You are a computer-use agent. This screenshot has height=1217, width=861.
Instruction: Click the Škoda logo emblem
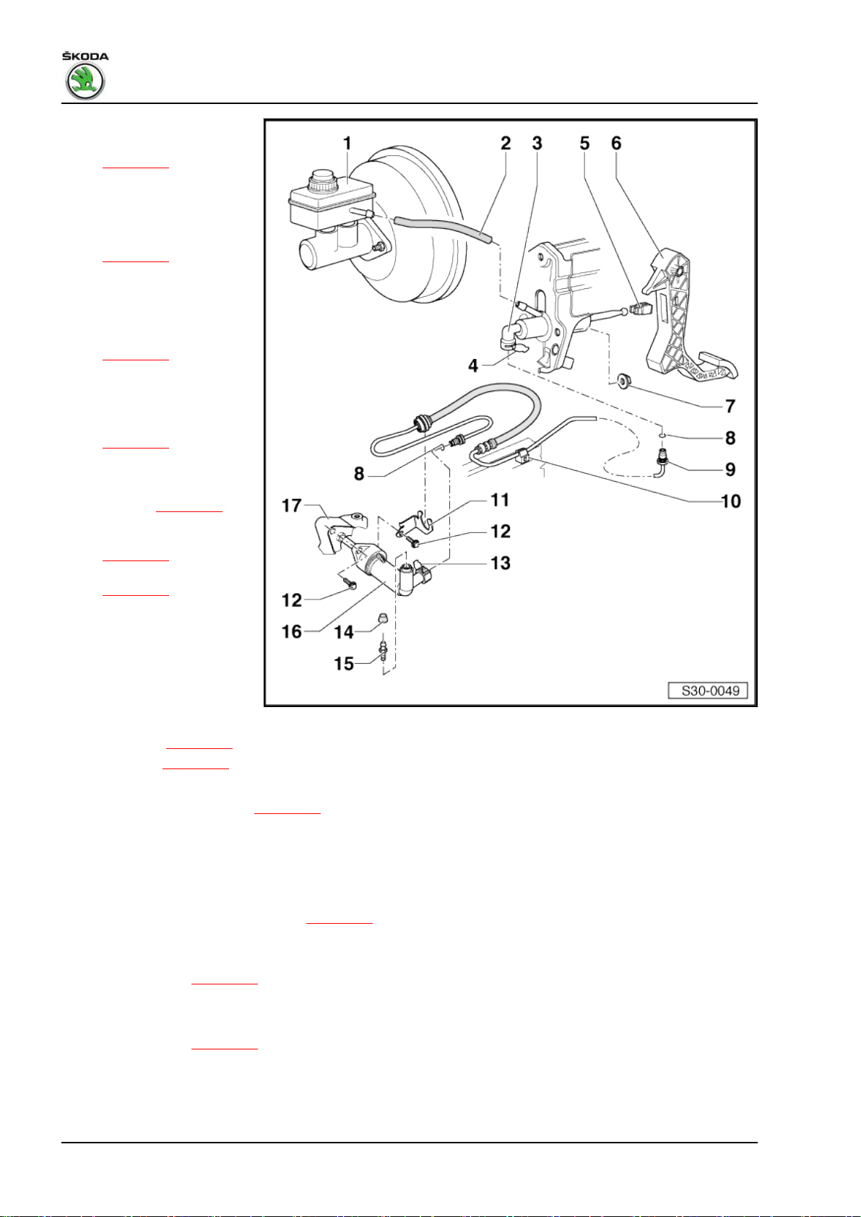point(85,81)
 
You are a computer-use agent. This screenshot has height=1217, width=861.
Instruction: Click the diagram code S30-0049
point(711,690)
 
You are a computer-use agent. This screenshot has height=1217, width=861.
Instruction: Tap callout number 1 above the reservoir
point(347,144)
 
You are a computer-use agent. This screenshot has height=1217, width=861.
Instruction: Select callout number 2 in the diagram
point(506,144)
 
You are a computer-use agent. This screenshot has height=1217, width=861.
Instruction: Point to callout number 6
point(616,144)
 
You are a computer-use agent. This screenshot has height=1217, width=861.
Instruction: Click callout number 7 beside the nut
point(730,406)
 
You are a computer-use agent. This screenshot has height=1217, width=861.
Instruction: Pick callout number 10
point(730,501)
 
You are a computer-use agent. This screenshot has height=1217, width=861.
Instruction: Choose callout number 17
point(292,506)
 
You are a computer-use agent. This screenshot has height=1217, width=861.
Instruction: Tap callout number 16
point(292,632)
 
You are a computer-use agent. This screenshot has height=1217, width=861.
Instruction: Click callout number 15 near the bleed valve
point(344,663)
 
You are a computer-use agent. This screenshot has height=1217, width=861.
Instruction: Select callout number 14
point(344,632)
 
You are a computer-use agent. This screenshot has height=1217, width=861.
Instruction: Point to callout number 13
point(500,563)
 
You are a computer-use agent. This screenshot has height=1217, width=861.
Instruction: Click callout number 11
point(500,500)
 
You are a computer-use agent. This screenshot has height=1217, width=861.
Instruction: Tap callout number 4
point(473,365)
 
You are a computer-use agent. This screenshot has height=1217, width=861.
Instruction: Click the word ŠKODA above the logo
point(85,56)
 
